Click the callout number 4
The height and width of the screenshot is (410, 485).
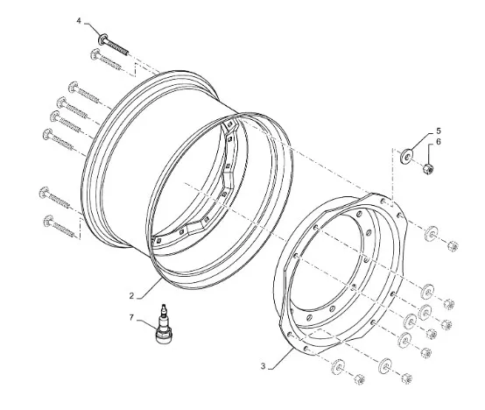pyautogui.click(x=79, y=21)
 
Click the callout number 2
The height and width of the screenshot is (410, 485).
pyautogui.click(x=131, y=296)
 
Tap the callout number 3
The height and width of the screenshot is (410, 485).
pyautogui.click(x=263, y=366)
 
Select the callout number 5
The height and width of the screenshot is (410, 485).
pyautogui.click(x=439, y=131)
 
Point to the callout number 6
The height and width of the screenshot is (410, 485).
pyautogui.click(x=439, y=142)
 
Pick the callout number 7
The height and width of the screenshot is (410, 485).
pyautogui.click(x=131, y=318)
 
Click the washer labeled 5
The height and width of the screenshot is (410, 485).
pyautogui.click(x=406, y=157)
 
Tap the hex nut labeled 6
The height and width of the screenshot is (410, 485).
pyautogui.click(x=428, y=169)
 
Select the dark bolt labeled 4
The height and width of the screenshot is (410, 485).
pyautogui.click(x=113, y=46)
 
